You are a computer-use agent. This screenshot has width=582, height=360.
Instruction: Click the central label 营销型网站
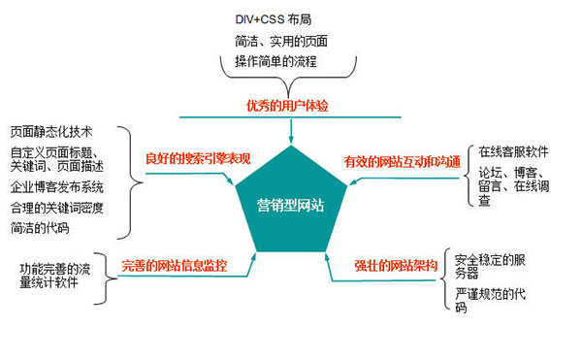(x=290, y=205)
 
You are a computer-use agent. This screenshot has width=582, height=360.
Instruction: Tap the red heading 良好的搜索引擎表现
(x=197, y=157)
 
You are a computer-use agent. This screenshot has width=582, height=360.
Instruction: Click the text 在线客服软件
(x=513, y=152)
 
